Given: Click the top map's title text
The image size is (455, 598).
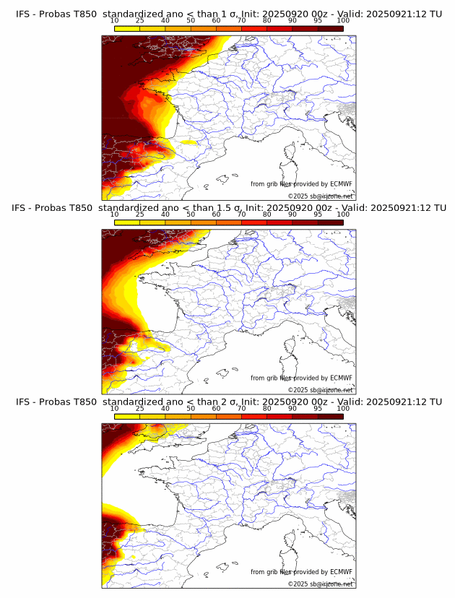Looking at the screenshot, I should pyautogui.click(x=228, y=14).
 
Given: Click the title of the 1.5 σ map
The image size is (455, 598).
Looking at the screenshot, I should pyautogui.click(x=228, y=208).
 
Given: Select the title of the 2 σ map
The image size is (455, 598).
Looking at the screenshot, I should pyautogui.click(x=228, y=402).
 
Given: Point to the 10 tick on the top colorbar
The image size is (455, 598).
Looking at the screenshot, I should pyautogui.click(x=114, y=21).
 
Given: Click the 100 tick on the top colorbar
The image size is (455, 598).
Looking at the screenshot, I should pyautogui.click(x=343, y=21).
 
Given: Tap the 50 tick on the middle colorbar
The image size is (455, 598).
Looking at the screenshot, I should pyautogui.click(x=191, y=214).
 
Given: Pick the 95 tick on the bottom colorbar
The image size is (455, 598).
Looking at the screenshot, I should pyautogui.click(x=318, y=408).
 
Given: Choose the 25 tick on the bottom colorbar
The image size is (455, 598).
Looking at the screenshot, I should pyautogui.click(x=139, y=408).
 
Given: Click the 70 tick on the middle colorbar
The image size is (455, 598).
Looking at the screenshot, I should pyautogui.click(x=241, y=214).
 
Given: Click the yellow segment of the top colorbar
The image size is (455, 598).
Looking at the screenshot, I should pyautogui.click(x=126, y=28).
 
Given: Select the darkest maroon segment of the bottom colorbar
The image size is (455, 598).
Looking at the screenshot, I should pyautogui.click(x=331, y=416).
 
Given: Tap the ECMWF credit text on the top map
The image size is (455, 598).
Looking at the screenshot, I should pyautogui.click(x=301, y=184).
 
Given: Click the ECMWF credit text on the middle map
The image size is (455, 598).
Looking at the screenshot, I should pyautogui.click(x=301, y=378).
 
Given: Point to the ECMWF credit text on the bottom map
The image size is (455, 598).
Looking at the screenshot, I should pyautogui.click(x=301, y=572).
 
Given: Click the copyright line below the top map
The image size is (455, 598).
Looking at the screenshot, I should pyautogui.click(x=320, y=196).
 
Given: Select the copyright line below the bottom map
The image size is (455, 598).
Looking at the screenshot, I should pyautogui.click(x=320, y=584).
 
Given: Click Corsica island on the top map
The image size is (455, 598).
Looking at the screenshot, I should pyautogui.click(x=292, y=152).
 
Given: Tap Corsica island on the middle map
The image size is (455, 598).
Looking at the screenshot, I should pyautogui.click(x=292, y=345).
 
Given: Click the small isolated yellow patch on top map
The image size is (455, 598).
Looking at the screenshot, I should pyautogui.click(x=190, y=142).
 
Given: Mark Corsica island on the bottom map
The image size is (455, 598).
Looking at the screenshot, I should pyautogui.click(x=292, y=539).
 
